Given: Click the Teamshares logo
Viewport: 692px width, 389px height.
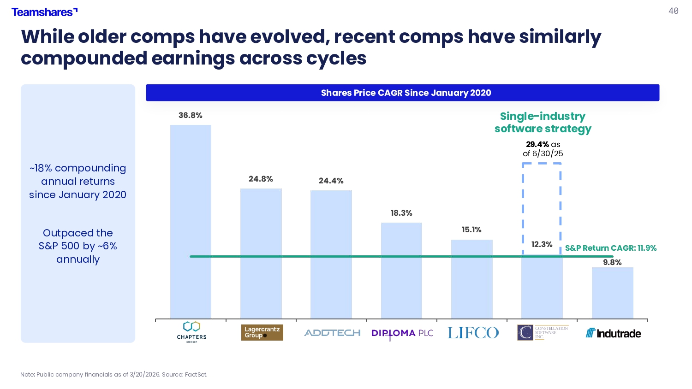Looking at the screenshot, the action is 44,12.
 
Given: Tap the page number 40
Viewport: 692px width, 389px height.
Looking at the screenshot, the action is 674,11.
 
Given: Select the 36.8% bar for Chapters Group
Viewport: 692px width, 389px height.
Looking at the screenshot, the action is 191,222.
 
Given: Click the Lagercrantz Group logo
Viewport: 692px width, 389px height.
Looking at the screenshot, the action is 262,332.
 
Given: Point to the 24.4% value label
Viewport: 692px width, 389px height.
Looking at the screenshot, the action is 331,181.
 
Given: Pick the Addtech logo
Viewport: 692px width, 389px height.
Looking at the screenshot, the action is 332,333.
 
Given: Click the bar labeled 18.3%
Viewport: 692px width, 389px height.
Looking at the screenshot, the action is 401,271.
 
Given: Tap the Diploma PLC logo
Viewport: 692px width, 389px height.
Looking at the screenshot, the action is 402,333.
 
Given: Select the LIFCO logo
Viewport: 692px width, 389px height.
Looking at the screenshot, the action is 473,333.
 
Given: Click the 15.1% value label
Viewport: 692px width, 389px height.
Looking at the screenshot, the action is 471,230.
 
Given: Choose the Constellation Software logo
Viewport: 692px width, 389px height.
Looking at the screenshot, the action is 543,332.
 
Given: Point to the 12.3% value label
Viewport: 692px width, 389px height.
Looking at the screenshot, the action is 542,245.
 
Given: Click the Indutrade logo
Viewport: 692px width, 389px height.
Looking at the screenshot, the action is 613,333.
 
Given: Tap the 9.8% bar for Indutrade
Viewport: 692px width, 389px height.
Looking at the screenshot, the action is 612,293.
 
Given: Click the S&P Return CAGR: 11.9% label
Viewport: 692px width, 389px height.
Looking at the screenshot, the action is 611,248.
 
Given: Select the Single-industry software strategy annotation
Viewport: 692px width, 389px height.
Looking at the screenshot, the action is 543,123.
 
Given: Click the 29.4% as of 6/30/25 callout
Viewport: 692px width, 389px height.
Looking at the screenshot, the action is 543,149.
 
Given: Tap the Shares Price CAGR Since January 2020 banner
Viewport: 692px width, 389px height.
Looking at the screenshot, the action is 403,93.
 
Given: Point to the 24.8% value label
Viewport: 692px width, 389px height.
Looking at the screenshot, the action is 261,179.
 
